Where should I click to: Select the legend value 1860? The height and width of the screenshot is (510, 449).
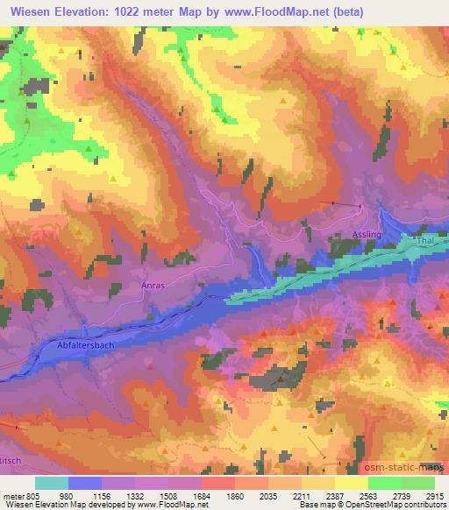[235, 495]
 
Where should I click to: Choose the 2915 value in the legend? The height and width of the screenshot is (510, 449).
[435, 495]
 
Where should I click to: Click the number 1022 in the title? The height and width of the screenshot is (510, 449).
[137, 10]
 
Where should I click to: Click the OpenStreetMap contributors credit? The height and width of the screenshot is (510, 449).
[395, 505]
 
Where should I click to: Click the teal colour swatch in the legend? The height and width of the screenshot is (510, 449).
[52, 483]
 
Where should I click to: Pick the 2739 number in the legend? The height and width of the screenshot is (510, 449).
[402, 495]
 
